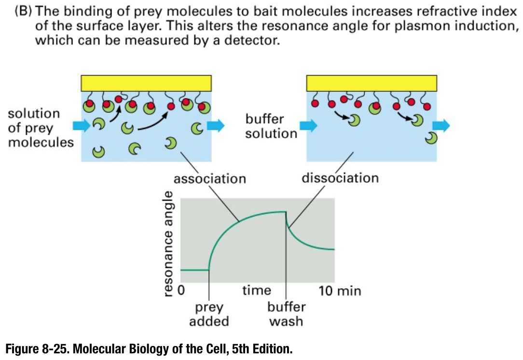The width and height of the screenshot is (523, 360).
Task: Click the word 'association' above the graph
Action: pos(209,179)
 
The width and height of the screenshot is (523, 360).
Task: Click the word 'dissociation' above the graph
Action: pos(340,178)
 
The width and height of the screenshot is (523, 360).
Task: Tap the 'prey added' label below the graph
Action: pos(208,314)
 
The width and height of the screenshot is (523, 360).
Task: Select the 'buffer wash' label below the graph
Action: pos(286,314)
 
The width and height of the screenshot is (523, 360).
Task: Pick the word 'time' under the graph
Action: pos(256,291)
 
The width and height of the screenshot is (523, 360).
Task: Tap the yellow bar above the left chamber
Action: pos(147,83)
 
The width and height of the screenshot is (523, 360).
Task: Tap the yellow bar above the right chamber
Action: pos(372,83)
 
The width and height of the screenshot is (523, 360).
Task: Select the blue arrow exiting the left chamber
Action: pos(216,126)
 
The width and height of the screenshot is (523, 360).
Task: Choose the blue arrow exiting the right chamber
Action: pos(441,126)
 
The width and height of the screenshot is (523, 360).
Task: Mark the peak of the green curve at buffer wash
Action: pos(286,211)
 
